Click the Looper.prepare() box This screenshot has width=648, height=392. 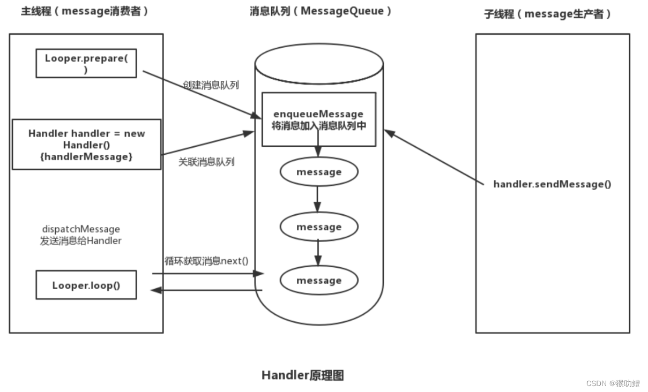coord(86,63)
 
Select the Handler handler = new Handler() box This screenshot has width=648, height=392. coord(86,145)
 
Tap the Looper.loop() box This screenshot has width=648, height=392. coord(86,285)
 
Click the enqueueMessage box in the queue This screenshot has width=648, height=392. coord(318,119)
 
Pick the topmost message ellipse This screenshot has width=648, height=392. coord(318,172)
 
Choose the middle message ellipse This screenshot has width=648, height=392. coord(318,227)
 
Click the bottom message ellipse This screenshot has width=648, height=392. coord(318,281)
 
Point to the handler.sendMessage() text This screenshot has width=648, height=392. coord(552,184)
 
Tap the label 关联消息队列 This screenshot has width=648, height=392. coord(206,162)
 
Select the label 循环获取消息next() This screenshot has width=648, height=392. coord(206,261)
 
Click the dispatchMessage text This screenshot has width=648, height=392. coord(80,229)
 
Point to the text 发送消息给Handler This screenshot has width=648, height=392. coord(80,241)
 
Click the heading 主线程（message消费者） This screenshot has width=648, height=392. coord(85,12)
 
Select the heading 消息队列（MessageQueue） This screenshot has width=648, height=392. coord(321,12)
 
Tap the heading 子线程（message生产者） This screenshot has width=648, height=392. coord(548,14)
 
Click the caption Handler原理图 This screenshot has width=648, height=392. coord(302,375)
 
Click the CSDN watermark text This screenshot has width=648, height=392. coord(613,383)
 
